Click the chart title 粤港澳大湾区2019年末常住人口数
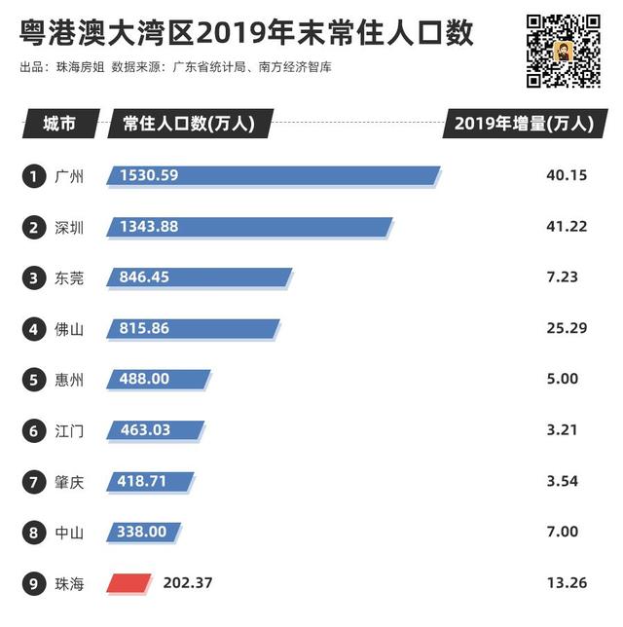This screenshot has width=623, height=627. (247, 34)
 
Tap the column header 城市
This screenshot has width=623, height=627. (58, 125)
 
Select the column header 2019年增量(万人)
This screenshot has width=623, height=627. (523, 125)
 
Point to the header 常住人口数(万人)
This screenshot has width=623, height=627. (189, 125)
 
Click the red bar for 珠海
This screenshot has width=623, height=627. (130, 583)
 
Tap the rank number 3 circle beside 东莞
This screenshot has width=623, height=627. (34, 277)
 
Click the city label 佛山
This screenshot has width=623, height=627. (69, 329)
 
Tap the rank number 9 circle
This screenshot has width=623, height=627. (34, 584)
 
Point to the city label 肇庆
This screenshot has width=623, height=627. (69, 482)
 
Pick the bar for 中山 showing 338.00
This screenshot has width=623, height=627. (145, 533)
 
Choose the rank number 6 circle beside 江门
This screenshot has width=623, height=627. (34, 430)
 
